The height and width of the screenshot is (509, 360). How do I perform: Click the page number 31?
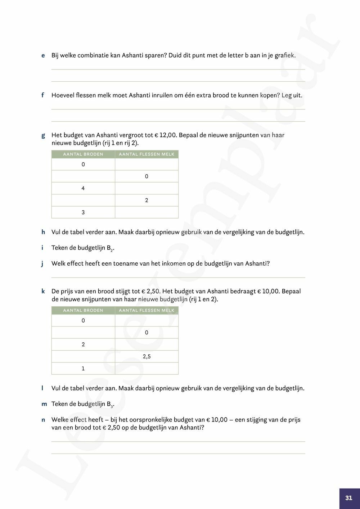348,498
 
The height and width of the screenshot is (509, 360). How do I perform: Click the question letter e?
43,55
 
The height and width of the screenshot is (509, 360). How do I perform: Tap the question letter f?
43,95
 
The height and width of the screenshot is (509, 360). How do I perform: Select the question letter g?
43,135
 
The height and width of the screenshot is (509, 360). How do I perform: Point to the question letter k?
43,291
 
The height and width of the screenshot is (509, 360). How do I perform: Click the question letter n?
43,420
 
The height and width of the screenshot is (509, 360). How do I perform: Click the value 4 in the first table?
83,188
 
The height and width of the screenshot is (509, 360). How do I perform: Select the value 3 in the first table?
83,212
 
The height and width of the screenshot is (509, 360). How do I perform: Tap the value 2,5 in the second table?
147,356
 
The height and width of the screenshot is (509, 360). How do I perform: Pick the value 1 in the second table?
83,369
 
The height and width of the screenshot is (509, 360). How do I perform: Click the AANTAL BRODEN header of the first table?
83,154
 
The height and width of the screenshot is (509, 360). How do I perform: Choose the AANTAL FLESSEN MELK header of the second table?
147,310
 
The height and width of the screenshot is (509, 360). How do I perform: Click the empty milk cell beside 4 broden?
147,188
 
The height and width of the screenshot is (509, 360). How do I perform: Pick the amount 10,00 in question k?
270,291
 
